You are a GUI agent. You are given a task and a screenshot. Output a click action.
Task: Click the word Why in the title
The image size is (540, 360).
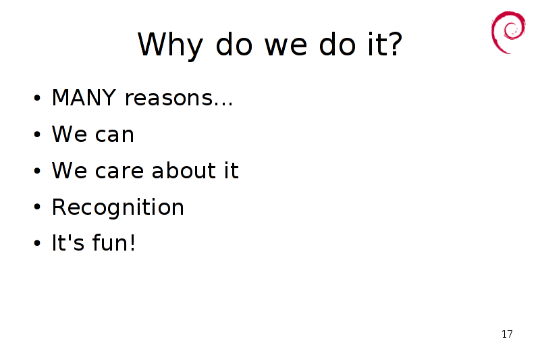coord(170,45)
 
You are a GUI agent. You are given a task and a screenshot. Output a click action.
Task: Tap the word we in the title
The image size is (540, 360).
coord(286,46)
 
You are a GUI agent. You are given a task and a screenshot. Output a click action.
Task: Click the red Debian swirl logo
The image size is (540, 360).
coord(508,32)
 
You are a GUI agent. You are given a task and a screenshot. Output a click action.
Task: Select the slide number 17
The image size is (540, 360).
coord(507,334)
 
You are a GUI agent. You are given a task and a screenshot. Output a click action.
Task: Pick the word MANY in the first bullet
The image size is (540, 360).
coord(84,97)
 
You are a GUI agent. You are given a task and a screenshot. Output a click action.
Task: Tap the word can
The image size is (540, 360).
coord(114,134)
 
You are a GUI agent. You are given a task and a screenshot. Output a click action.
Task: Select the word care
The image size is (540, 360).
coord(119,171)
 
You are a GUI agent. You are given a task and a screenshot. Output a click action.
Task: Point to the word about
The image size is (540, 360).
coord(184,170)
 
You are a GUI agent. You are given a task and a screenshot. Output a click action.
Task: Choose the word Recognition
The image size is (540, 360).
coord(117,208)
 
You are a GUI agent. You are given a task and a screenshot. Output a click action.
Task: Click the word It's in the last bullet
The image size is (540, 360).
coord(68,242)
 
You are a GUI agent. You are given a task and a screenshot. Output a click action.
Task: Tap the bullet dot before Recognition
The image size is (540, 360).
coord(37,207)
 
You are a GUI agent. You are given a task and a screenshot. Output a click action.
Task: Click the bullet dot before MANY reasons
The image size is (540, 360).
coord(37,98)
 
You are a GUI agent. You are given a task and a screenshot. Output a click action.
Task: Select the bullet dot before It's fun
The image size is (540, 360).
coord(37,243)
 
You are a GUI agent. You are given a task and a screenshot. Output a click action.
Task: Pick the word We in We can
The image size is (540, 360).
coord(70,134)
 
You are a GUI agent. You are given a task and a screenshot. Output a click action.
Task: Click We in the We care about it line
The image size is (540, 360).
coord(70,170)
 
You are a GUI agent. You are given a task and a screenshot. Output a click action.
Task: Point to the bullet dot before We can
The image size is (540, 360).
coord(37,134)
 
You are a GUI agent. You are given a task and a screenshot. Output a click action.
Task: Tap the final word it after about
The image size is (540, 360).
coord(232,170)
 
